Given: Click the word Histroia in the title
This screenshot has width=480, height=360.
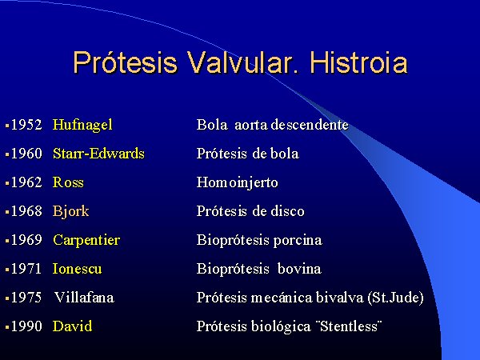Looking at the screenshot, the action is (x=358, y=62).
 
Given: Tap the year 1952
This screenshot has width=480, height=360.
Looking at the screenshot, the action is (x=26, y=125).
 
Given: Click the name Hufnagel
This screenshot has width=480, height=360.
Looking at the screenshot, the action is (x=82, y=126).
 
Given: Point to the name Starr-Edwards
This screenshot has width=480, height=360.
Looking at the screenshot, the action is (x=98, y=154).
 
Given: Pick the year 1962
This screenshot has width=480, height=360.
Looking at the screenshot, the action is (x=26, y=182).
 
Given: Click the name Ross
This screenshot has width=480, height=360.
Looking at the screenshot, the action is (x=68, y=182).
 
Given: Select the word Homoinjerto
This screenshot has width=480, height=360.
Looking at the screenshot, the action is (x=238, y=183).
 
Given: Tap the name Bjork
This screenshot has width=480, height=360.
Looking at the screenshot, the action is (x=70, y=212).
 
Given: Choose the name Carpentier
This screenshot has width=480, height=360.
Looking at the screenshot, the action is (x=86, y=241).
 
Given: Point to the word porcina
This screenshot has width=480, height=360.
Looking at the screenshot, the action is (x=298, y=241).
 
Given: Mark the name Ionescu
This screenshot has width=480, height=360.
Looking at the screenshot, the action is (x=77, y=269).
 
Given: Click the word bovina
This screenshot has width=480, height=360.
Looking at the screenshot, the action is (x=299, y=269).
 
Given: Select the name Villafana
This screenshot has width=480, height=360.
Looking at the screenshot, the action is (x=84, y=298).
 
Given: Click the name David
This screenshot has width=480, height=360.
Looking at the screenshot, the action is (x=72, y=326).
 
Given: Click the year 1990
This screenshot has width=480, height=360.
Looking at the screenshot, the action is (x=26, y=326).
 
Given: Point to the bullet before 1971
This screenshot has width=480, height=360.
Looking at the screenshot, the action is (x=7, y=270).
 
